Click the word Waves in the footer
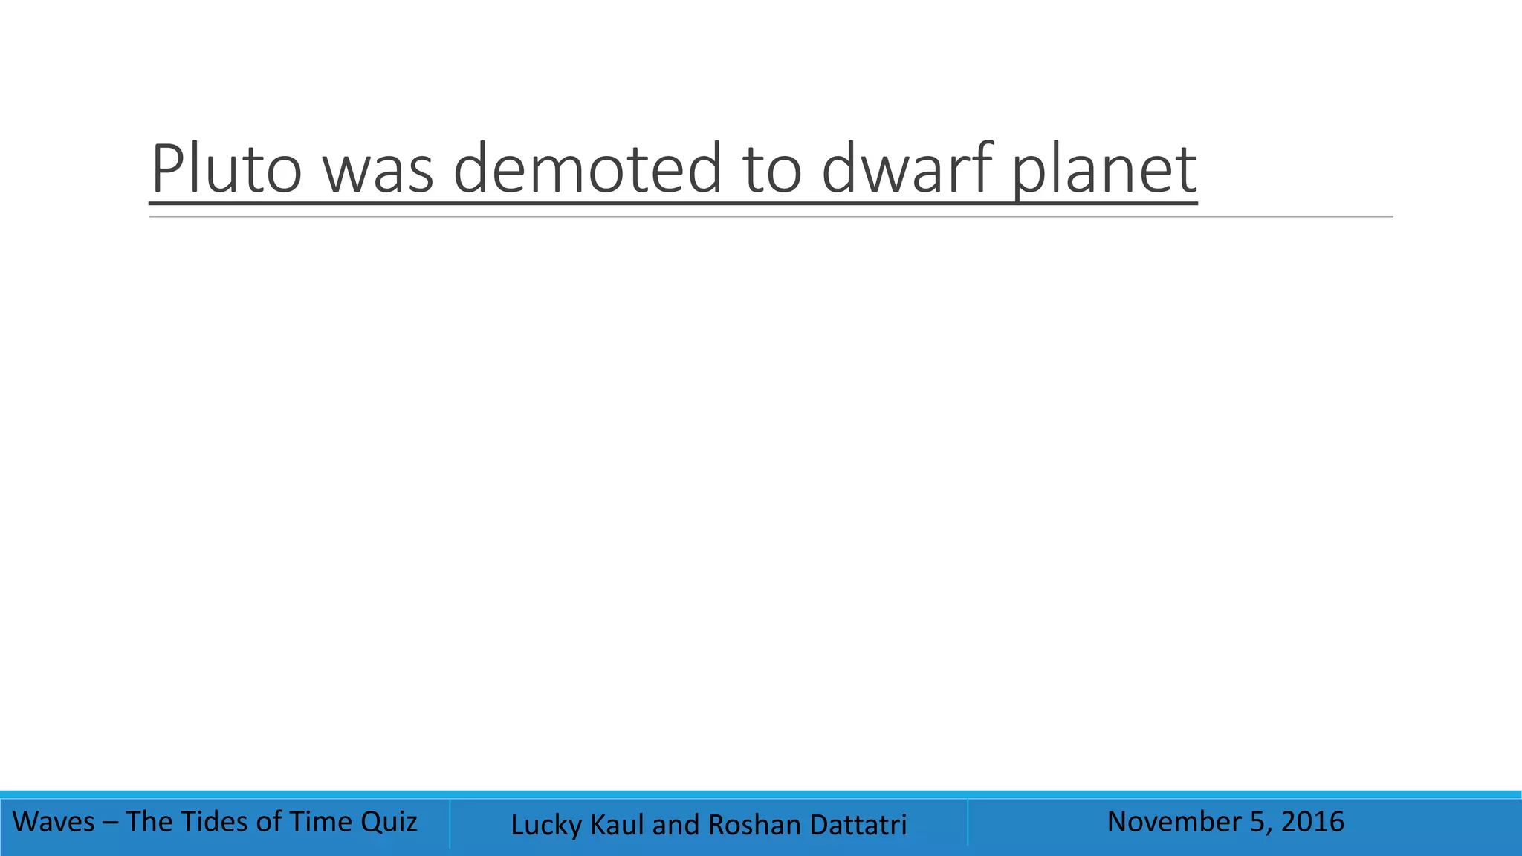pyautogui.click(x=54, y=822)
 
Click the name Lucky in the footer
pyautogui.click(x=546, y=825)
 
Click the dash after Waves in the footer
pyautogui.click(x=110, y=822)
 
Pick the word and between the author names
pyautogui.click(x=676, y=825)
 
